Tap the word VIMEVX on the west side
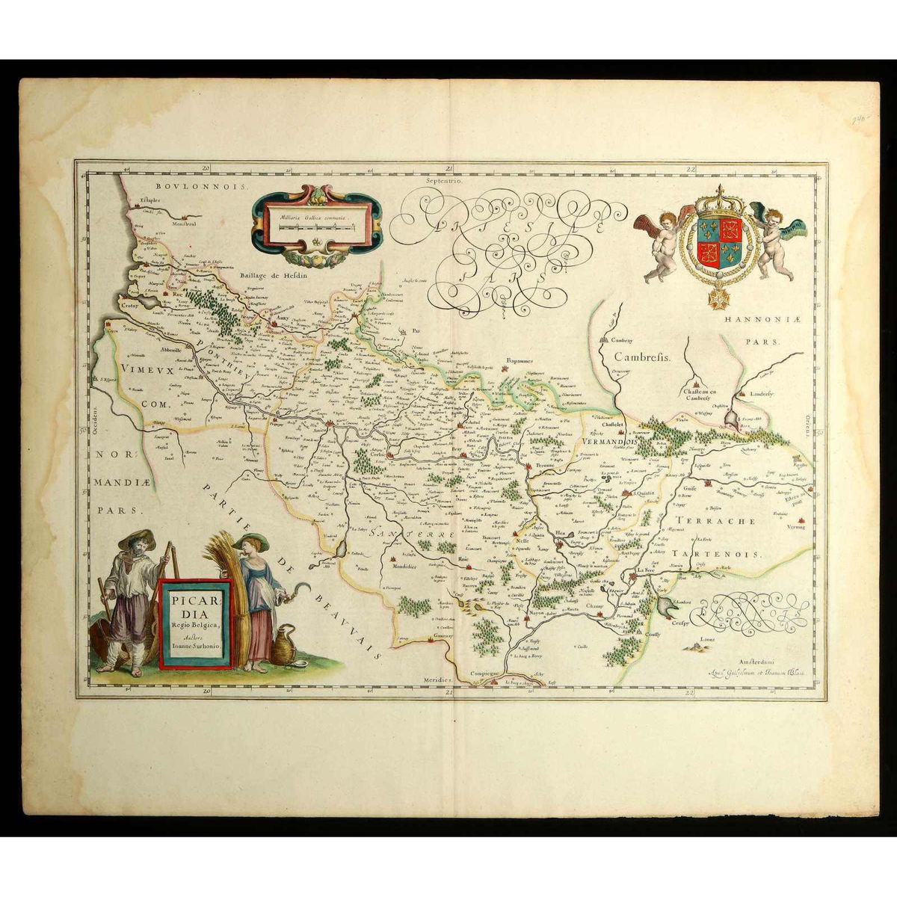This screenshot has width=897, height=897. (x=144, y=370)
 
